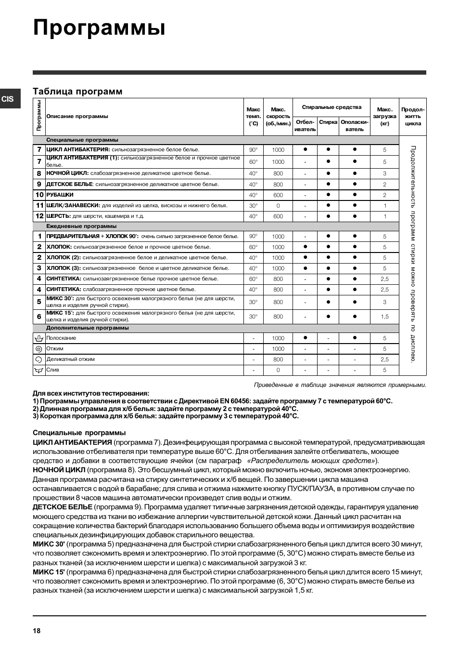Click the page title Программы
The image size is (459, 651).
pyautogui.click(x=100, y=28)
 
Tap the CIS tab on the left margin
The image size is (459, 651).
pyautogui.click(x=8, y=99)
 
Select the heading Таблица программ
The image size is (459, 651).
pyautogui.click(x=77, y=92)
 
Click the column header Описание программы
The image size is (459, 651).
pyautogui.click(x=77, y=116)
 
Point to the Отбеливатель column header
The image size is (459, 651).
pyautogui.click(x=305, y=126)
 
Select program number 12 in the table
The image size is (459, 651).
pyautogui.click(x=39, y=216)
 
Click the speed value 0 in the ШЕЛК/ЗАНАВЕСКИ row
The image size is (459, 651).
pyautogui.click(x=278, y=206)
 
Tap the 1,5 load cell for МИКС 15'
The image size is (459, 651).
pyautogui.click(x=384, y=317)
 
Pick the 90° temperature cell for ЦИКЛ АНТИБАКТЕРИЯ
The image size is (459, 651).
pyautogui.click(x=253, y=150)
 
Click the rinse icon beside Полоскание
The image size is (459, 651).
pyautogui.click(x=39, y=338)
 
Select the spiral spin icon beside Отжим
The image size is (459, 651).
pyautogui.click(x=39, y=349)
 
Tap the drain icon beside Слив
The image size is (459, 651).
pyautogui.click(x=39, y=370)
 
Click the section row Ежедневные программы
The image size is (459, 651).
pyautogui.click(x=81, y=226)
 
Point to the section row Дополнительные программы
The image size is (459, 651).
pyautogui.click(x=88, y=328)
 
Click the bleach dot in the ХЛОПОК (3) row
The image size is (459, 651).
pyautogui.click(x=305, y=268)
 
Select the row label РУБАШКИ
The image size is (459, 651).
pyautogui.click(x=60, y=195)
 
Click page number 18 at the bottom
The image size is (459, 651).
pyautogui.click(x=37, y=631)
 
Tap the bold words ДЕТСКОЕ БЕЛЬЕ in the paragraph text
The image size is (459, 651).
pyautogui.click(x=63, y=507)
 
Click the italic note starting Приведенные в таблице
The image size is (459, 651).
pyautogui.click(x=340, y=385)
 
